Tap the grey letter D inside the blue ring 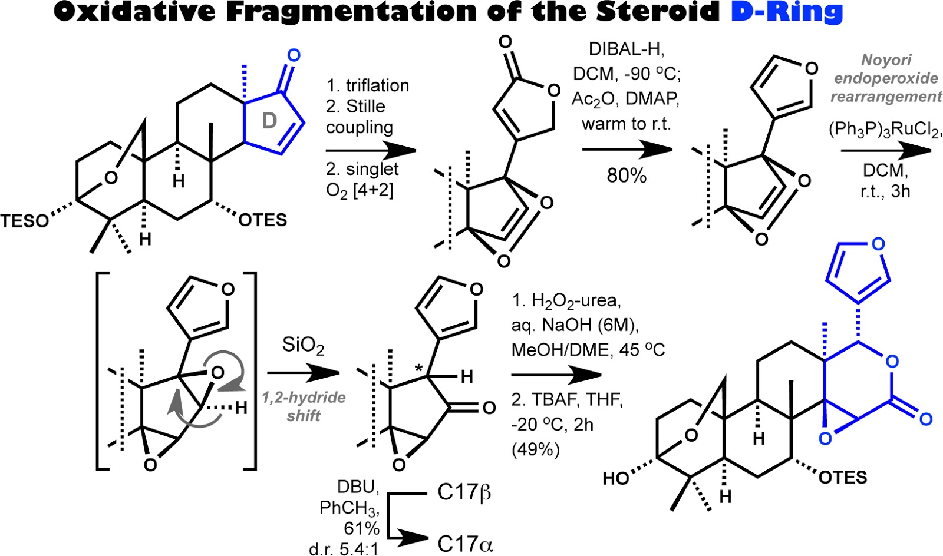[x=269, y=121]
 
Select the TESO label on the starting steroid [x=25, y=221]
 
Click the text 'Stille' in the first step [x=365, y=107]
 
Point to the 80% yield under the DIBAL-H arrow [x=627, y=176]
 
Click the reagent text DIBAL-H [x=627, y=49]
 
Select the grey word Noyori [x=886, y=59]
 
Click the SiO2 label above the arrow [x=303, y=346]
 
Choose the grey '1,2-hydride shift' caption [x=304, y=406]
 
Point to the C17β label [x=464, y=492]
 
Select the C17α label [x=464, y=543]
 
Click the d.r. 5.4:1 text [x=344, y=549]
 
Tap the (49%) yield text [x=535, y=450]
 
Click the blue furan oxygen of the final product [x=878, y=244]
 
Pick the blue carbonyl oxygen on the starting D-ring [x=293, y=56]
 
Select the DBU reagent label [x=356, y=487]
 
